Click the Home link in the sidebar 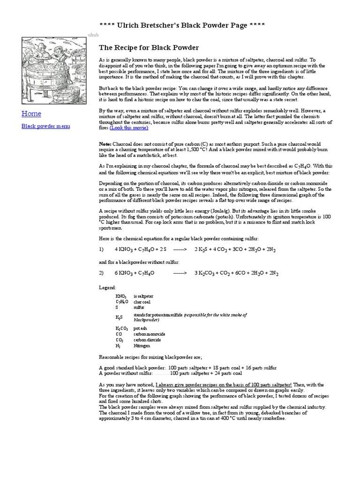(x=31, y=113)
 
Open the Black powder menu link (x=46, y=126)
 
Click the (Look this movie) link (x=129, y=127)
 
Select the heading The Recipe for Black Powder (x=149, y=48)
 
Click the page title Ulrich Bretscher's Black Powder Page (x=182, y=25)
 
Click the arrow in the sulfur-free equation (x=180, y=272)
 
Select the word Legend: (x=107, y=287)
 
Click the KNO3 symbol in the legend (x=121, y=297)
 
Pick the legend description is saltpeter (x=143, y=296)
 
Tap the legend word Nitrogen (x=142, y=345)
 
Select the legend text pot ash (x=140, y=328)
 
